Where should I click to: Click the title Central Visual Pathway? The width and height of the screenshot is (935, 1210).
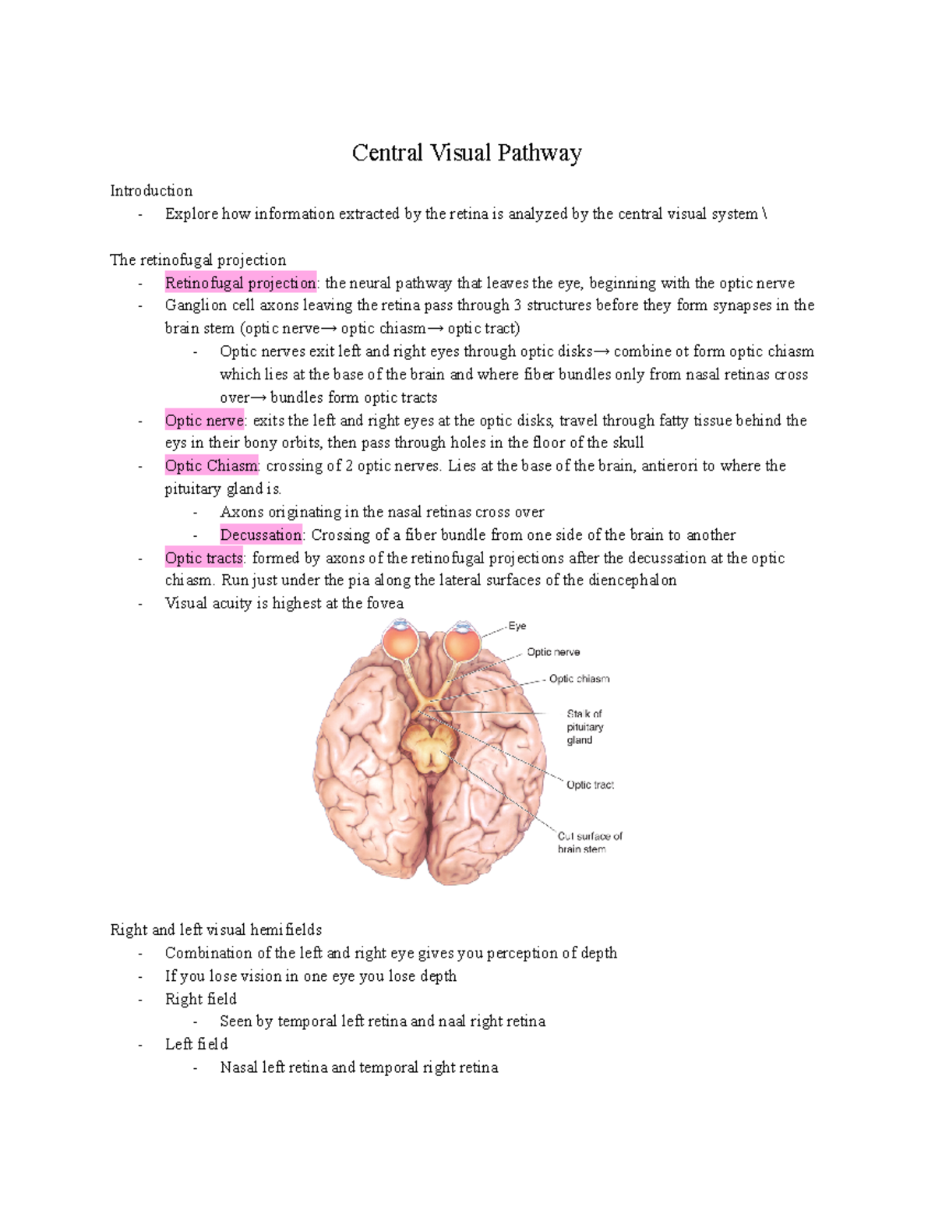coord(466,153)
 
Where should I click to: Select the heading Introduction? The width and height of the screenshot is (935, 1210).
coord(151,191)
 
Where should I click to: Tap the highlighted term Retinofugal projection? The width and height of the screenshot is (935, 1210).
coord(240,283)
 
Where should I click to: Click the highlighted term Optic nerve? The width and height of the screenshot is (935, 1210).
coord(204,421)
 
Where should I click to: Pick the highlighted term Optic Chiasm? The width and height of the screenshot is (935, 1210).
coord(211,466)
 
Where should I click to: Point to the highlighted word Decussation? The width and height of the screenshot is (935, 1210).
coord(260,535)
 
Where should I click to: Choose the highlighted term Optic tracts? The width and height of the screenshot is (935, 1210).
coord(203,558)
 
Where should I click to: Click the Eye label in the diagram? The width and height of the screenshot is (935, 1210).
coord(517,626)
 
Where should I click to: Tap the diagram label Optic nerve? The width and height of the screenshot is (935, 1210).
coord(553,652)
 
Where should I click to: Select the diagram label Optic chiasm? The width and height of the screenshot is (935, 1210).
coord(579,679)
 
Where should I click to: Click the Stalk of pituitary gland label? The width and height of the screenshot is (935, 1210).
coord(584,727)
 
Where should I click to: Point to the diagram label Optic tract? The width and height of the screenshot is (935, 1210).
coord(590,785)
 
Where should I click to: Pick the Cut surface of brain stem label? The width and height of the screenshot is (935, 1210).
coord(589,842)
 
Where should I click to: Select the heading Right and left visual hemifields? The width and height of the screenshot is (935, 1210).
coord(216,930)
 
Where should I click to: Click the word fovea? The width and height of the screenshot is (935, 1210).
coord(385,603)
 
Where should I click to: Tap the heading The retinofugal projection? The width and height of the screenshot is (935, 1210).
coord(198,260)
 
